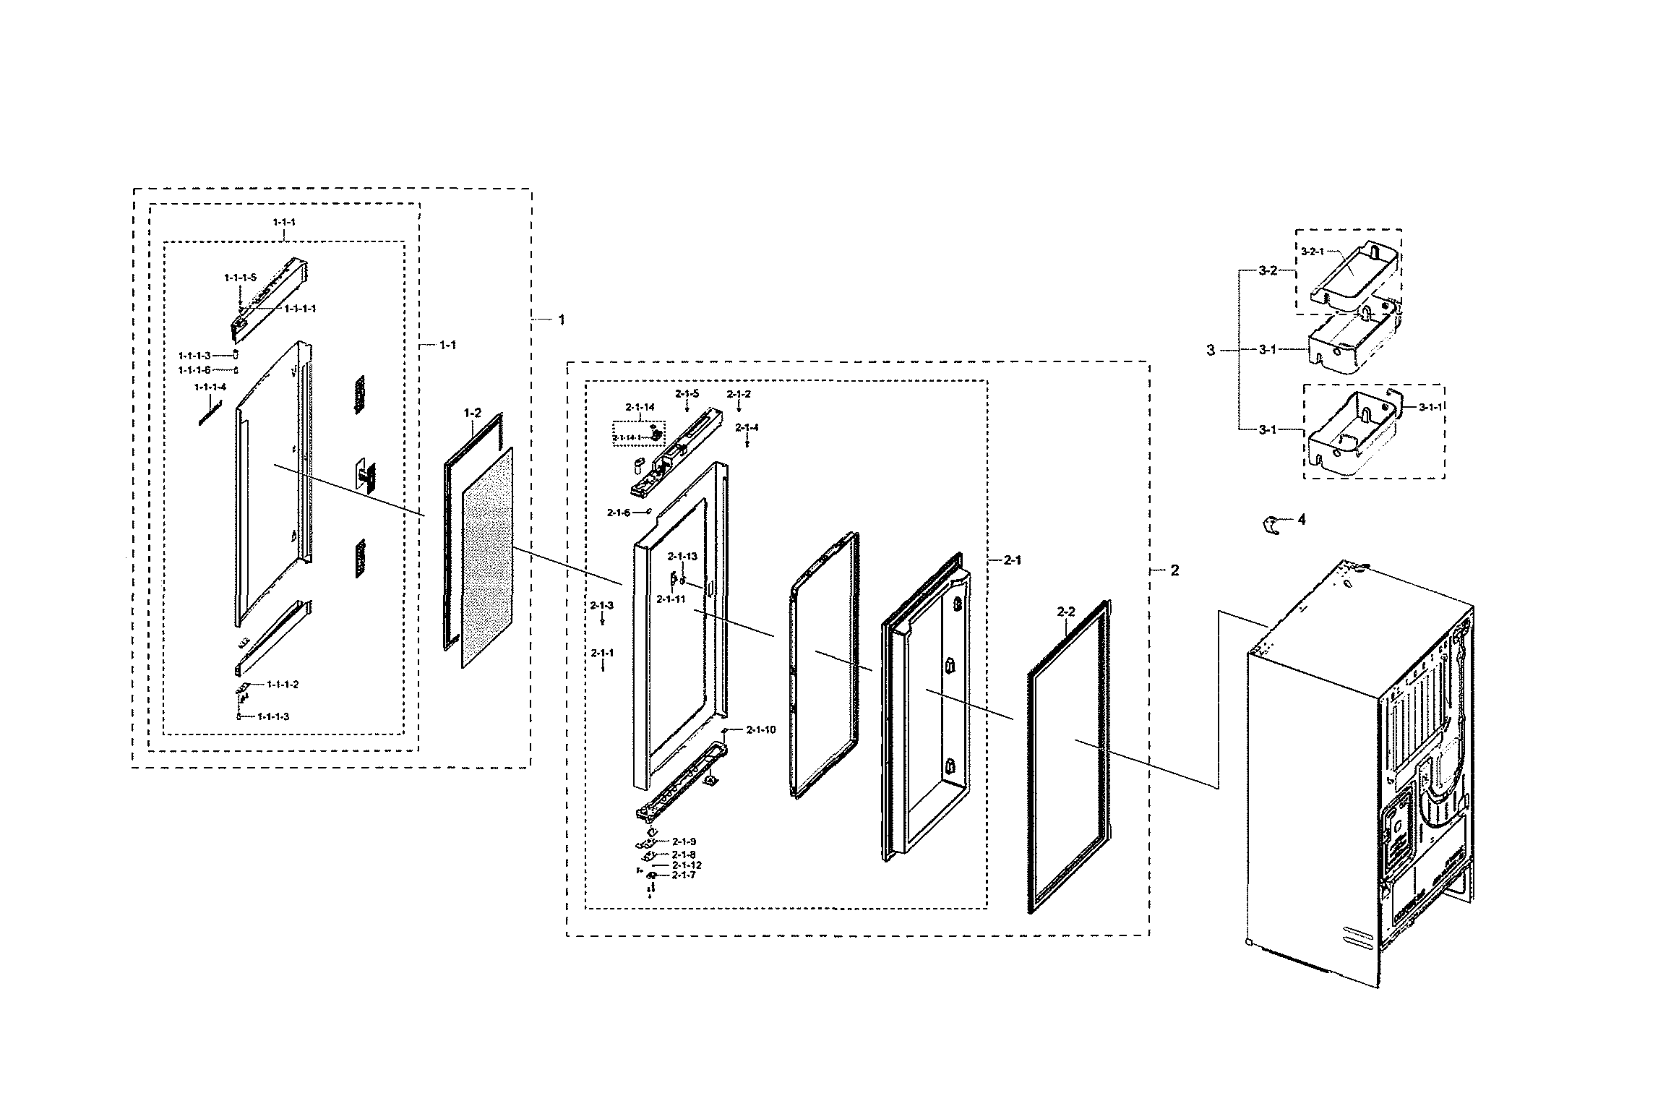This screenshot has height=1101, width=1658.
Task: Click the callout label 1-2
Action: point(472,413)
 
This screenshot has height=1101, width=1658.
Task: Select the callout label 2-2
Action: point(1066,612)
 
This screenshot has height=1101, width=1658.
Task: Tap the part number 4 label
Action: point(1302,519)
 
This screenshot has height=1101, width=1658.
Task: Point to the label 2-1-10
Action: point(761,730)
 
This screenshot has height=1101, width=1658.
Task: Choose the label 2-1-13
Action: point(682,556)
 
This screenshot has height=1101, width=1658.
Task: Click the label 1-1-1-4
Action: point(210,387)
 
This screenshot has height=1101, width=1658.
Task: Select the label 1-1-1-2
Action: point(283,684)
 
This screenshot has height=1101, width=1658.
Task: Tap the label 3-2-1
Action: point(1313,273)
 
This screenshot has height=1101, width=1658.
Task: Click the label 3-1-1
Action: point(1430,408)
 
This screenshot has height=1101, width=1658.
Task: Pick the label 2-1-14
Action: point(640,407)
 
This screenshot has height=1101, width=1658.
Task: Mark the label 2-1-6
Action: point(619,513)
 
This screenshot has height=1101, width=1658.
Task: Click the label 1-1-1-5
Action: point(240,277)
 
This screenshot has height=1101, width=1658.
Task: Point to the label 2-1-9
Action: point(684,841)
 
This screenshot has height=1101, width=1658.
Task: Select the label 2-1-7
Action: point(683,875)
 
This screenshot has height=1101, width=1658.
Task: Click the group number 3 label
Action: point(1211,351)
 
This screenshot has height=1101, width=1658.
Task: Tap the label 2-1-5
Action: point(687,393)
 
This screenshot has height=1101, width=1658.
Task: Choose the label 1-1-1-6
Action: point(194,370)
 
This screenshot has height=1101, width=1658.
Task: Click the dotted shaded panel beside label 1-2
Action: point(487,557)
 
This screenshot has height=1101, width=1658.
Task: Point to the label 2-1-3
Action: point(602,605)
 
